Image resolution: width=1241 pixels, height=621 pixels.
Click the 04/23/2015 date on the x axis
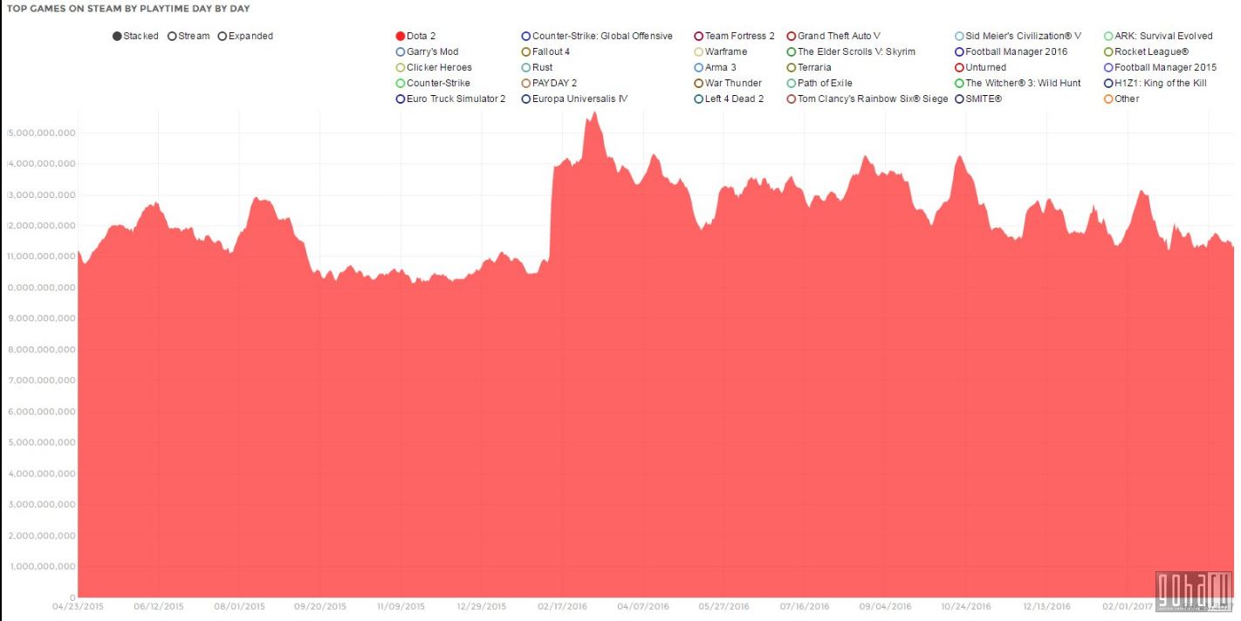(x=78, y=606)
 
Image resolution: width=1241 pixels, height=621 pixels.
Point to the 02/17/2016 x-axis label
(x=562, y=606)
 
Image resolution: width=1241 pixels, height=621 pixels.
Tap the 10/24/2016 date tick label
(x=966, y=606)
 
